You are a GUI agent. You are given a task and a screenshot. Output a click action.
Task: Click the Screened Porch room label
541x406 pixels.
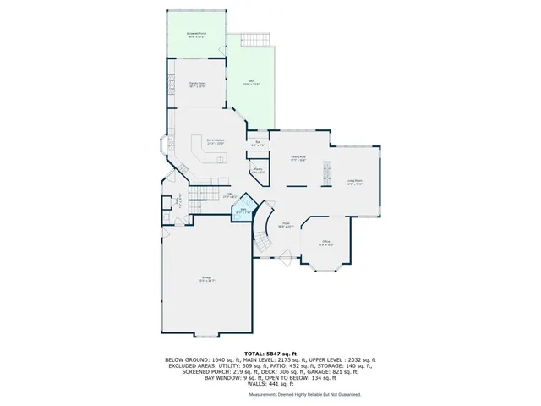click(x=197, y=36)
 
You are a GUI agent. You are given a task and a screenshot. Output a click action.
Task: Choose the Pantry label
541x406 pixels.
click(x=257, y=172)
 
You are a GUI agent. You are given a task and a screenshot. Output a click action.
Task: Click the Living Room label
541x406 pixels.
click(x=354, y=181)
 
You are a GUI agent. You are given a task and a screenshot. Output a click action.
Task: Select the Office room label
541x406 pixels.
click(x=326, y=244)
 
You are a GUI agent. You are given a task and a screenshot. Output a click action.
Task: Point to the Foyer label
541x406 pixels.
click(x=287, y=225)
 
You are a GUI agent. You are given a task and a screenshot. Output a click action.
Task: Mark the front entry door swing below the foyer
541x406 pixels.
click(x=288, y=258)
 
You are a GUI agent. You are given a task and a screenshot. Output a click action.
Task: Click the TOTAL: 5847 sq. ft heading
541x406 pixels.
click(x=270, y=353)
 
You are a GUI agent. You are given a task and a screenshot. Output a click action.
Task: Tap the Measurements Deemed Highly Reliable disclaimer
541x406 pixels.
click(x=304, y=394)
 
